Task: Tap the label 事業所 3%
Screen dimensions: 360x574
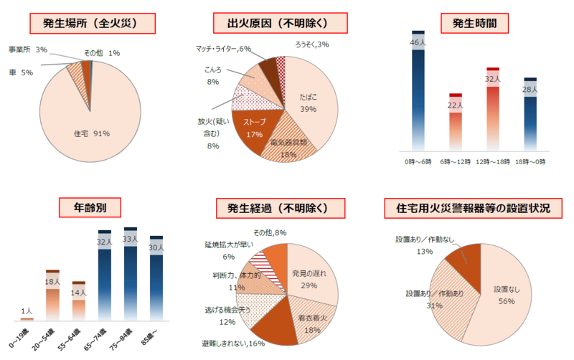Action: tap(28, 50)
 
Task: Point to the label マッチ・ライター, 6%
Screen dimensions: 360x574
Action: tap(223, 48)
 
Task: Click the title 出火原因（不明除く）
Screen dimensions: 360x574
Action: tap(285, 24)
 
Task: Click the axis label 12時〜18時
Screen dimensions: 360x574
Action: tap(492, 163)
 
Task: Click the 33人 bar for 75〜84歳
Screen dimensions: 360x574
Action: tap(131, 273)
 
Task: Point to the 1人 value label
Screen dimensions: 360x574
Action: tap(27, 311)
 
